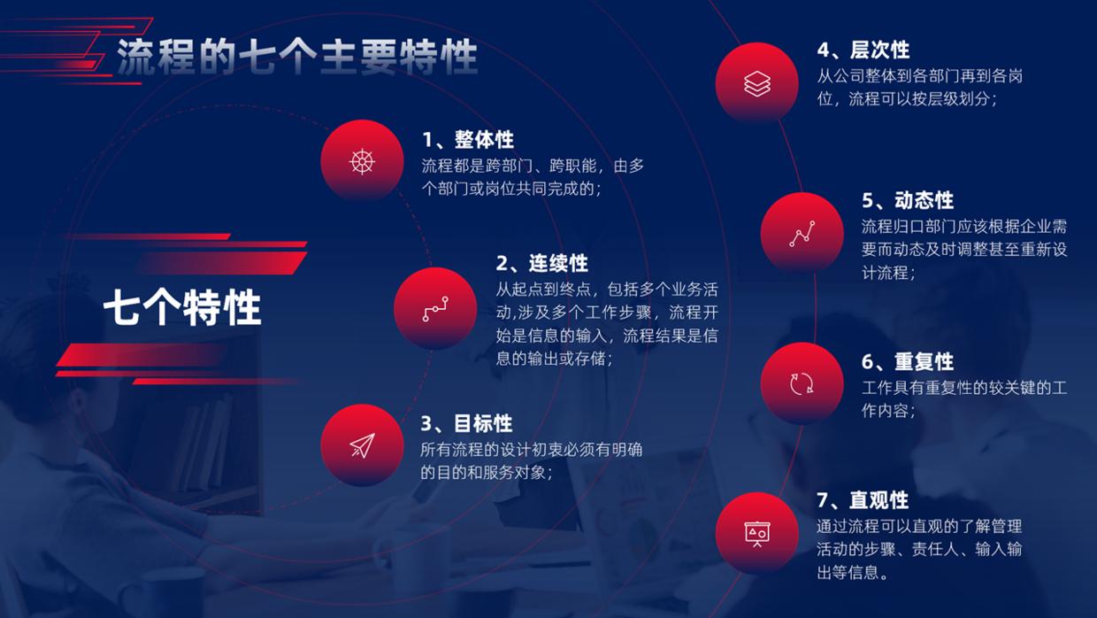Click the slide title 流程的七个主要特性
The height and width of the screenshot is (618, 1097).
pyautogui.click(x=297, y=57)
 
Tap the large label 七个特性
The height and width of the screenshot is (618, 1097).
pyautogui.click(x=182, y=308)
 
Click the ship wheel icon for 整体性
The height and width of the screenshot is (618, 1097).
pyautogui.click(x=362, y=161)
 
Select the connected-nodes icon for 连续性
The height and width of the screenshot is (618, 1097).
pyautogui.click(x=434, y=308)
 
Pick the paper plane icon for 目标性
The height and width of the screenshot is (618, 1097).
pyautogui.click(x=362, y=445)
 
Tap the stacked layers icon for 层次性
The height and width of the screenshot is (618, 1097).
pyautogui.click(x=756, y=83)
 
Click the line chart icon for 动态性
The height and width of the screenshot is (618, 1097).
pyautogui.click(x=802, y=234)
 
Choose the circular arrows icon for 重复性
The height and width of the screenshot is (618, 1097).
pyautogui.click(x=802, y=383)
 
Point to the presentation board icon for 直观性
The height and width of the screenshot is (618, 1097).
pyautogui.click(x=756, y=533)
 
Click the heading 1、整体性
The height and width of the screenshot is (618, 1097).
pyautogui.click(x=468, y=140)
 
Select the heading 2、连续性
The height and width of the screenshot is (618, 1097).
pyautogui.click(x=541, y=263)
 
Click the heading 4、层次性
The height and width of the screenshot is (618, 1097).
pyautogui.click(x=863, y=50)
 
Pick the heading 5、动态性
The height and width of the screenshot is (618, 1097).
pyautogui.click(x=908, y=200)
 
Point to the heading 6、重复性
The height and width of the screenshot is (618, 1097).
pyautogui.click(x=908, y=361)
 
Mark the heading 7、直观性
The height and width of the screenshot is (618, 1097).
pyautogui.click(x=863, y=500)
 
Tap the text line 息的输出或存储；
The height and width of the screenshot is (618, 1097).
pyautogui.click(x=555, y=359)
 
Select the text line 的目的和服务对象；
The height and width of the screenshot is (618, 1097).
pyautogui.click(x=487, y=473)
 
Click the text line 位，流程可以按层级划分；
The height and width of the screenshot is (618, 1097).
pyautogui.click(x=908, y=99)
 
